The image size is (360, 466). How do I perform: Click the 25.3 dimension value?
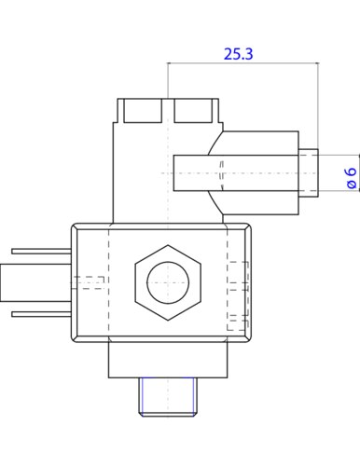pyautogui.click(x=239, y=54)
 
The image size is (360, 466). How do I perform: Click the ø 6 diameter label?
pyautogui.click(x=352, y=178)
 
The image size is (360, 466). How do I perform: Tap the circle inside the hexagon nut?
pyautogui.click(x=168, y=282)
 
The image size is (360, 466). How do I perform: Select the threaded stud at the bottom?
pyautogui.click(x=168, y=397)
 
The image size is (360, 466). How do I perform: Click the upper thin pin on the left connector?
pyautogui.click(x=42, y=252)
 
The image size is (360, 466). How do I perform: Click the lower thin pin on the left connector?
pyautogui.click(x=42, y=314)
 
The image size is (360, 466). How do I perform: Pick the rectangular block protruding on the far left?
pyautogui.click(x=35, y=282)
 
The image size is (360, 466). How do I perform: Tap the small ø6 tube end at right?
pyautogui.click(x=309, y=172)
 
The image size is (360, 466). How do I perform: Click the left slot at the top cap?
pyautogui.click(x=143, y=111)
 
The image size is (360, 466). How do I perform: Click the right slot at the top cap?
pyautogui.click(x=193, y=111)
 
